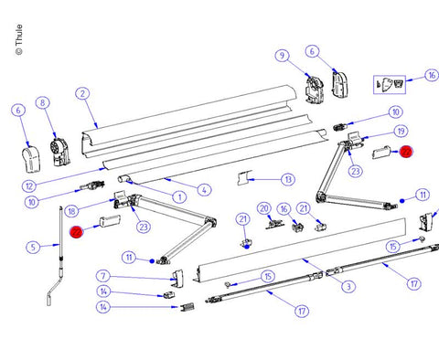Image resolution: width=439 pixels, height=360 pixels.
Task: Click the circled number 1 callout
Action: [179, 197]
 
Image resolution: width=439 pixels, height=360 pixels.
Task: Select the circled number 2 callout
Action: [82, 94]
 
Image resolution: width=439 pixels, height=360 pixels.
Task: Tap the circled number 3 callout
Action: [348, 286]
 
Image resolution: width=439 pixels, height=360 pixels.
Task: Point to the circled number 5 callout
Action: [33, 247]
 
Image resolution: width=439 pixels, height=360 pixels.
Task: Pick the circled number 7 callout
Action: [103, 276]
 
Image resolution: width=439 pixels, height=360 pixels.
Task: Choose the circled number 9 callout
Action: [282, 56]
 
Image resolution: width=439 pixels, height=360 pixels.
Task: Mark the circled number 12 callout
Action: [29, 185]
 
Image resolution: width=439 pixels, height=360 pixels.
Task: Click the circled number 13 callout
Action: [288, 179]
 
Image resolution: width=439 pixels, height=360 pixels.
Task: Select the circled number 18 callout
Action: [71, 211]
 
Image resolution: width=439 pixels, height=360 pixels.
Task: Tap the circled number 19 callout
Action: [401, 132]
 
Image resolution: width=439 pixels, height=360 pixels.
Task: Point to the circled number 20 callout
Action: [264, 208]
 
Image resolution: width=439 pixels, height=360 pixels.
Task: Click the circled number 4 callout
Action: [204, 190]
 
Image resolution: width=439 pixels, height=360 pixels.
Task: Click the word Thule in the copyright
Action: [19, 35]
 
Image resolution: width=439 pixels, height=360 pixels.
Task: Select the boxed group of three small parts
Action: [390, 84]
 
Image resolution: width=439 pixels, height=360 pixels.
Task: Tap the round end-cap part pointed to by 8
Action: [60, 153]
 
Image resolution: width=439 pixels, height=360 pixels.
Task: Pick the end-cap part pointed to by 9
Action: [315, 89]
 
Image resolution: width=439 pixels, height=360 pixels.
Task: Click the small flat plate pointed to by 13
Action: [244, 178]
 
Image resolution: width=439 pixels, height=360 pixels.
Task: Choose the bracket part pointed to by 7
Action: [178, 279]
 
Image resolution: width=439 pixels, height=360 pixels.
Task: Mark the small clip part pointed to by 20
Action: [275, 224]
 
